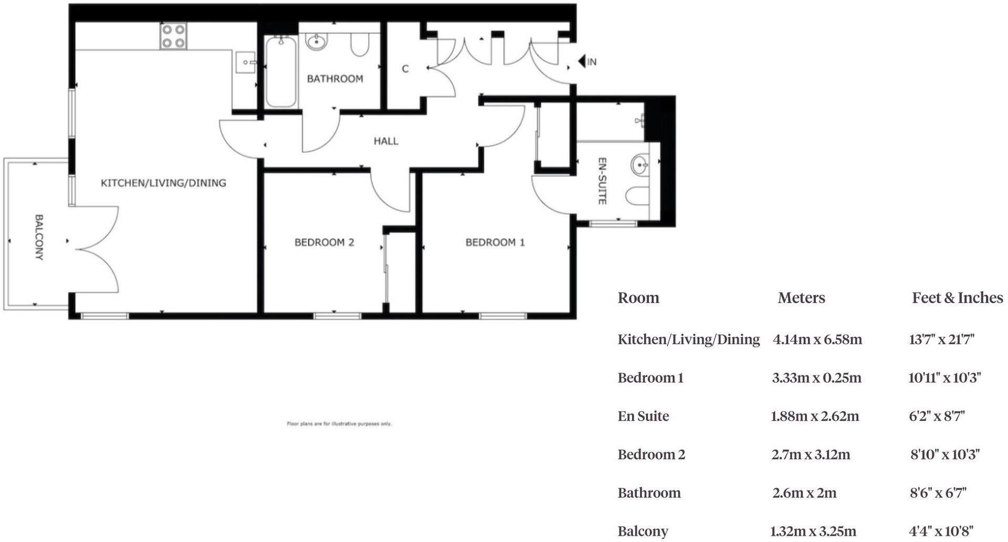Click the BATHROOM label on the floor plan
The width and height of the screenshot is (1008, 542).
335,79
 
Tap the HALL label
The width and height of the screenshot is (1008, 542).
386,141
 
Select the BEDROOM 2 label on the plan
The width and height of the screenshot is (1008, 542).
324,242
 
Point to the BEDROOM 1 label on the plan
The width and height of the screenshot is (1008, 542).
495,242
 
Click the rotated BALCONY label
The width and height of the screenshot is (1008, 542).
39,237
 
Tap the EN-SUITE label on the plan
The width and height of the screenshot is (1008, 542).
603,181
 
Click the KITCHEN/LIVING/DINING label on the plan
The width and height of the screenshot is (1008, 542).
163,183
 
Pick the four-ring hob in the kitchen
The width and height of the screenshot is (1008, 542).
173,36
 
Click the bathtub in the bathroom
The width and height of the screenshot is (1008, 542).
281,72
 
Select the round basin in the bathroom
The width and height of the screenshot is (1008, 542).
317,41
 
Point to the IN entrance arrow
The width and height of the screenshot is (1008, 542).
582,61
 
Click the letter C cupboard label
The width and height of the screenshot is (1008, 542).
405,69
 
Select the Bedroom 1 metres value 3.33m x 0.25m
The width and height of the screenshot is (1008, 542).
816,378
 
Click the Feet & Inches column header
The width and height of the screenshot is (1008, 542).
957,298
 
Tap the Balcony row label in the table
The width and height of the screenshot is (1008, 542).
643,531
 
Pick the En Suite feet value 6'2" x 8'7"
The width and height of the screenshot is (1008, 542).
937,416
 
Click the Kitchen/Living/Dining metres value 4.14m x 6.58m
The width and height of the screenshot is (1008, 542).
817,339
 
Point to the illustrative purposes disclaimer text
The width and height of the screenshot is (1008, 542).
339,423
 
